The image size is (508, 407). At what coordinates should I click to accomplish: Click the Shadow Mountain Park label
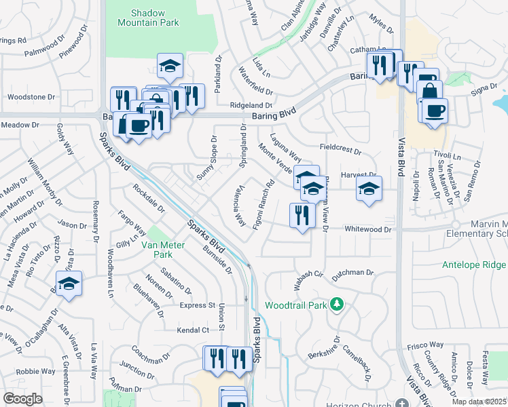pyautogui.click(x=155, y=18)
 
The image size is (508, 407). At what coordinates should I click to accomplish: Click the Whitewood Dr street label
pyautogui.click(x=368, y=230)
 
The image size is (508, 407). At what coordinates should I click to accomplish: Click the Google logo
pyautogui.click(x=22, y=399)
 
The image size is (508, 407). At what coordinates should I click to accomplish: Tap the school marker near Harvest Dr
pyautogui.click(x=369, y=189)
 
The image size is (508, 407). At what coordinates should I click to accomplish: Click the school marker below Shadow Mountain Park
pyautogui.click(x=170, y=66)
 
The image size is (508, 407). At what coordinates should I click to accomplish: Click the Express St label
pyautogui.click(x=197, y=306)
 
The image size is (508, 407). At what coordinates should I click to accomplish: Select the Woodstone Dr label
pyautogui.click(x=31, y=97)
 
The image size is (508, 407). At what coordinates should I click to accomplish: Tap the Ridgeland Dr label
pyautogui.click(x=251, y=106)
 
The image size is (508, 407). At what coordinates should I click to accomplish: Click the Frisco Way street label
pyautogui.click(x=425, y=346)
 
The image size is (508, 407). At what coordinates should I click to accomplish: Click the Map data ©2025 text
pyautogui.click(x=479, y=402)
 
